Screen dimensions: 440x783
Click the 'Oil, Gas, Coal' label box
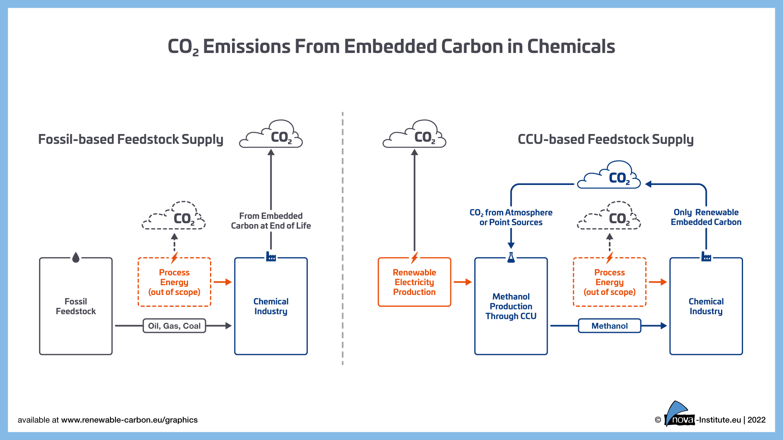click(x=174, y=326)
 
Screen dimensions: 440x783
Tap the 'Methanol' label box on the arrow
click(x=609, y=326)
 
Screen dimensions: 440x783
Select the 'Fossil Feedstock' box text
click(x=76, y=306)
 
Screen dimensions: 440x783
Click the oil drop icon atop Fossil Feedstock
click(x=76, y=257)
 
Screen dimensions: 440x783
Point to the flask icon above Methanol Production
click(x=511, y=257)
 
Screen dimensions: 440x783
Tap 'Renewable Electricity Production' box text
click(x=414, y=282)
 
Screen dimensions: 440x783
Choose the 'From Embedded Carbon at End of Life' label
click(x=271, y=221)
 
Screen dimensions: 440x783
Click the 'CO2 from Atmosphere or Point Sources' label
click(x=511, y=218)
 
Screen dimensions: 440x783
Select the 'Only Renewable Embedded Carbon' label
click(x=706, y=217)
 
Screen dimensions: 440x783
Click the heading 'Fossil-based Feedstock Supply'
click(x=130, y=139)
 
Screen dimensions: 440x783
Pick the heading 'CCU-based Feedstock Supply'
click(x=606, y=139)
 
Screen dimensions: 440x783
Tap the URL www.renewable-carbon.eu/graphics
click(x=129, y=420)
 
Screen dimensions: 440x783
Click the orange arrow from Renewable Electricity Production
click(x=462, y=282)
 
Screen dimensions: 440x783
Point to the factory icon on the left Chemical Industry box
click(x=271, y=257)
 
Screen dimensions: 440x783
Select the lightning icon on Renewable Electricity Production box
click(x=414, y=257)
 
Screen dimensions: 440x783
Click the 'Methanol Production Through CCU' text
click(x=511, y=306)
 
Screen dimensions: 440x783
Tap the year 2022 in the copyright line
click(x=756, y=420)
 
